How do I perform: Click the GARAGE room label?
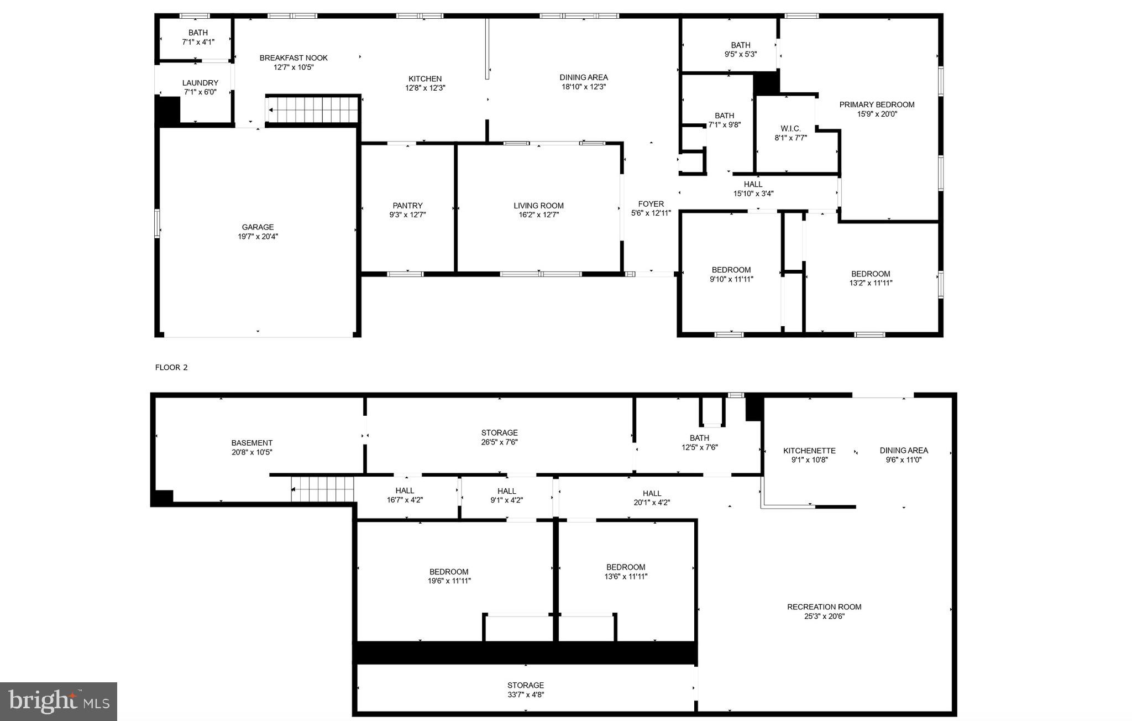258,227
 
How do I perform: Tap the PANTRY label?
408,206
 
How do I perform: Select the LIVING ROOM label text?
538,206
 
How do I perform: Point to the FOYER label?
651,204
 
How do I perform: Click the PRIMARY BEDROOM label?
877,105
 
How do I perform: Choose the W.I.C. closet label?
790,129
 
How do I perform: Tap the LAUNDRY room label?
200,83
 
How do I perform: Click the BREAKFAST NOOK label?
294,58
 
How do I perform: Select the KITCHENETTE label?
809,451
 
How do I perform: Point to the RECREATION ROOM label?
824,607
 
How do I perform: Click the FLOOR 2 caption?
171,368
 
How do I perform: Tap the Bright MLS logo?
59,702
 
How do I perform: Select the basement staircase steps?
323,489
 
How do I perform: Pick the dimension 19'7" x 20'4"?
258,237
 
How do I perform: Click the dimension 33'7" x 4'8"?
526,695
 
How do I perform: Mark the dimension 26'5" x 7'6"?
499,442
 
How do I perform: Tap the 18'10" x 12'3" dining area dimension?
584,87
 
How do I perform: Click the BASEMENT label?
251,443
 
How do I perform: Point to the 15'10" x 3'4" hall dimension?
753,194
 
